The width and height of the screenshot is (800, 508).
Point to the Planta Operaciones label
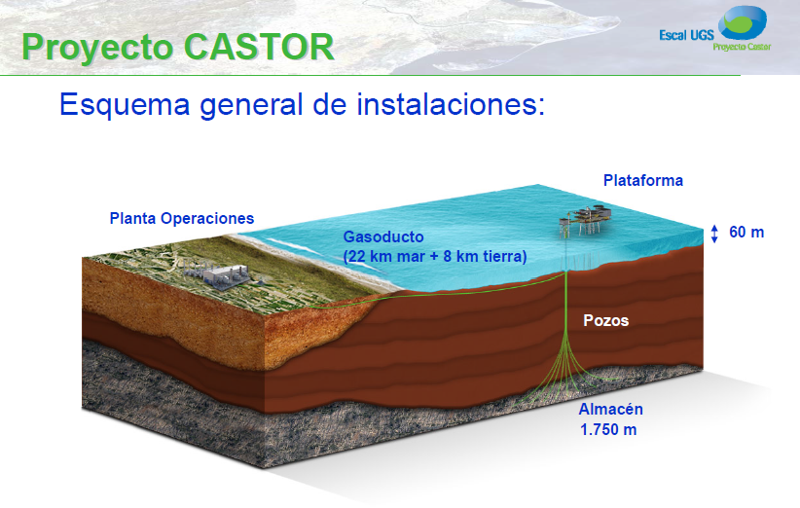coord(181,218)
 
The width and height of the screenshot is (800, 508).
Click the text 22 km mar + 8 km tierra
coord(435,257)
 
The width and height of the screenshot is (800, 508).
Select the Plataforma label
coord(642,180)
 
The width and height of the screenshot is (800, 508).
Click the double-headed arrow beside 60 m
coord(715,234)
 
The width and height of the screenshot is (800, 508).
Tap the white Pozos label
coord(605,319)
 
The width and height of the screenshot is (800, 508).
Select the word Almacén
coord(610,410)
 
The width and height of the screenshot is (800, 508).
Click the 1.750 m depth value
coord(608,429)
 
